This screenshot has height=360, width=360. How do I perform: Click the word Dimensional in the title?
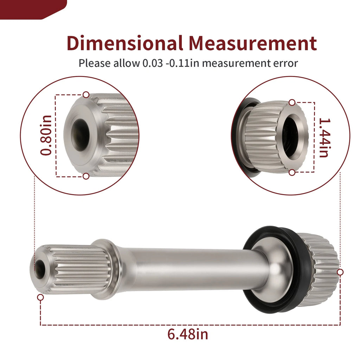pyautogui.click(x=125, y=43)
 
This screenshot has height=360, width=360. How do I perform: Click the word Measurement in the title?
pyautogui.click(x=253, y=43)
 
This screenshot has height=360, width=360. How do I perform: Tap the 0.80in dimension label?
pyautogui.click(x=46, y=135)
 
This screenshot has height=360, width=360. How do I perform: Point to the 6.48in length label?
pyautogui.click(x=188, y=334)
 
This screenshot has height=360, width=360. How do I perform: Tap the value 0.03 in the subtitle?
pyautogui.click(x=153, y=63)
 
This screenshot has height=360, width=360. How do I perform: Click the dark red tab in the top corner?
pyautogui.click(x=33, y=9)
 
